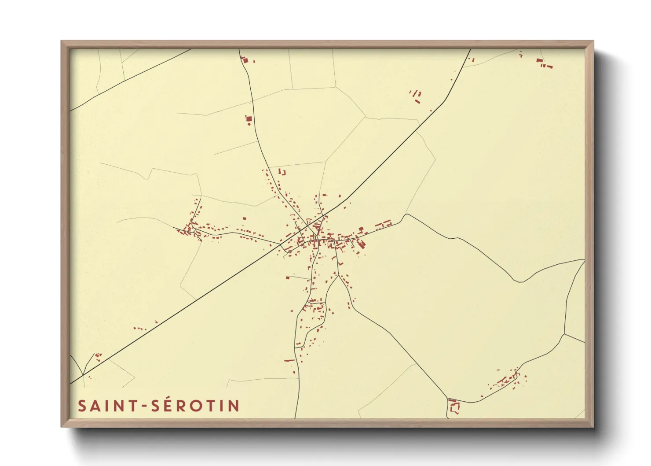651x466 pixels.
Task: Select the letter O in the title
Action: [x=196, y=406]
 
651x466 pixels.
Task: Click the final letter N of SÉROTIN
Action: [x=233, y=406]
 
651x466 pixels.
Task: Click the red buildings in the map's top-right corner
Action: [x=544, y=63]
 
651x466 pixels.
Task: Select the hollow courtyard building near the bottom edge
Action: [x=454, y=406]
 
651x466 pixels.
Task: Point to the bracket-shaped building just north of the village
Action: [x=282, y=172]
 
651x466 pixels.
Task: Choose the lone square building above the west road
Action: [x=245, y=218]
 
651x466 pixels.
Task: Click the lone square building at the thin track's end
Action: [x=288, y=277]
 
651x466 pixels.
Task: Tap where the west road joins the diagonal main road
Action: [x=281, y=244]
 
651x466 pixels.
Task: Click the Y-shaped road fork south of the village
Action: [x=338, y=275]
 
